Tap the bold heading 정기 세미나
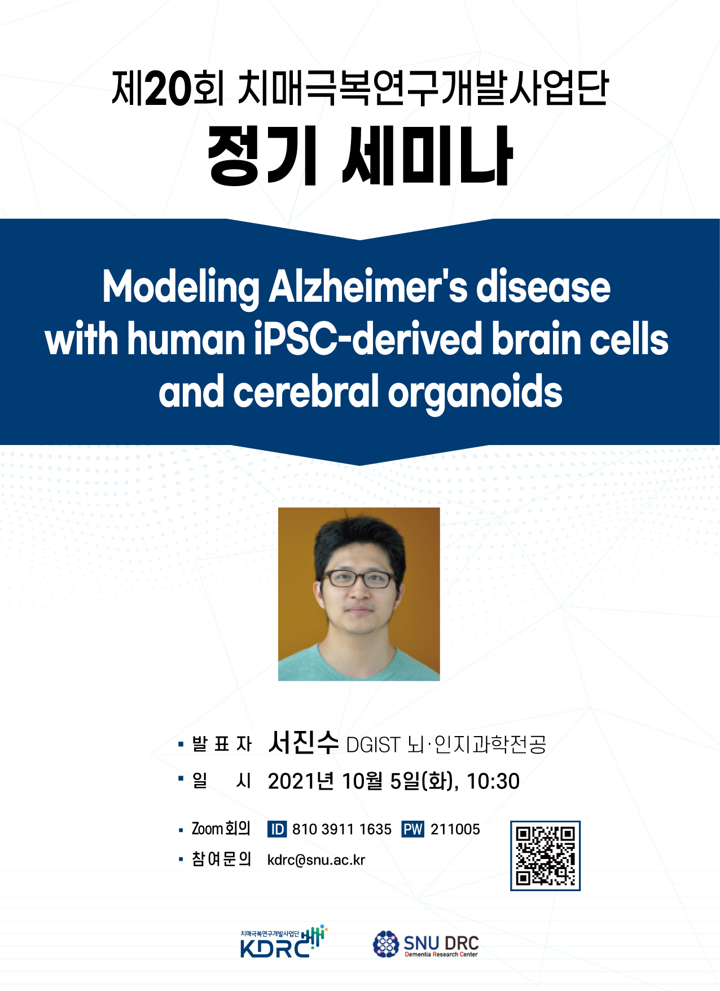[360, 156]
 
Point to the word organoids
[475, 393]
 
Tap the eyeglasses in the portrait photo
[359, 579]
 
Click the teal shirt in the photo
[359, 662]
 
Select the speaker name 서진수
[304, 742]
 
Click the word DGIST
[373, 745]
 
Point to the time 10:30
[493, 781]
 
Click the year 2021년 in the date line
[301, 781]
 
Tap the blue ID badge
[277, 829]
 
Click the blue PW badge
[412, 829]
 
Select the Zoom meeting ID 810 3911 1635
[341, 829]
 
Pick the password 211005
[455, 829]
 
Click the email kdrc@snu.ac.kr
[316, 860]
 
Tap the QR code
[545, 856]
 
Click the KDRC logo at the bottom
[284, 942]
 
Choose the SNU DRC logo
[426, 944]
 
